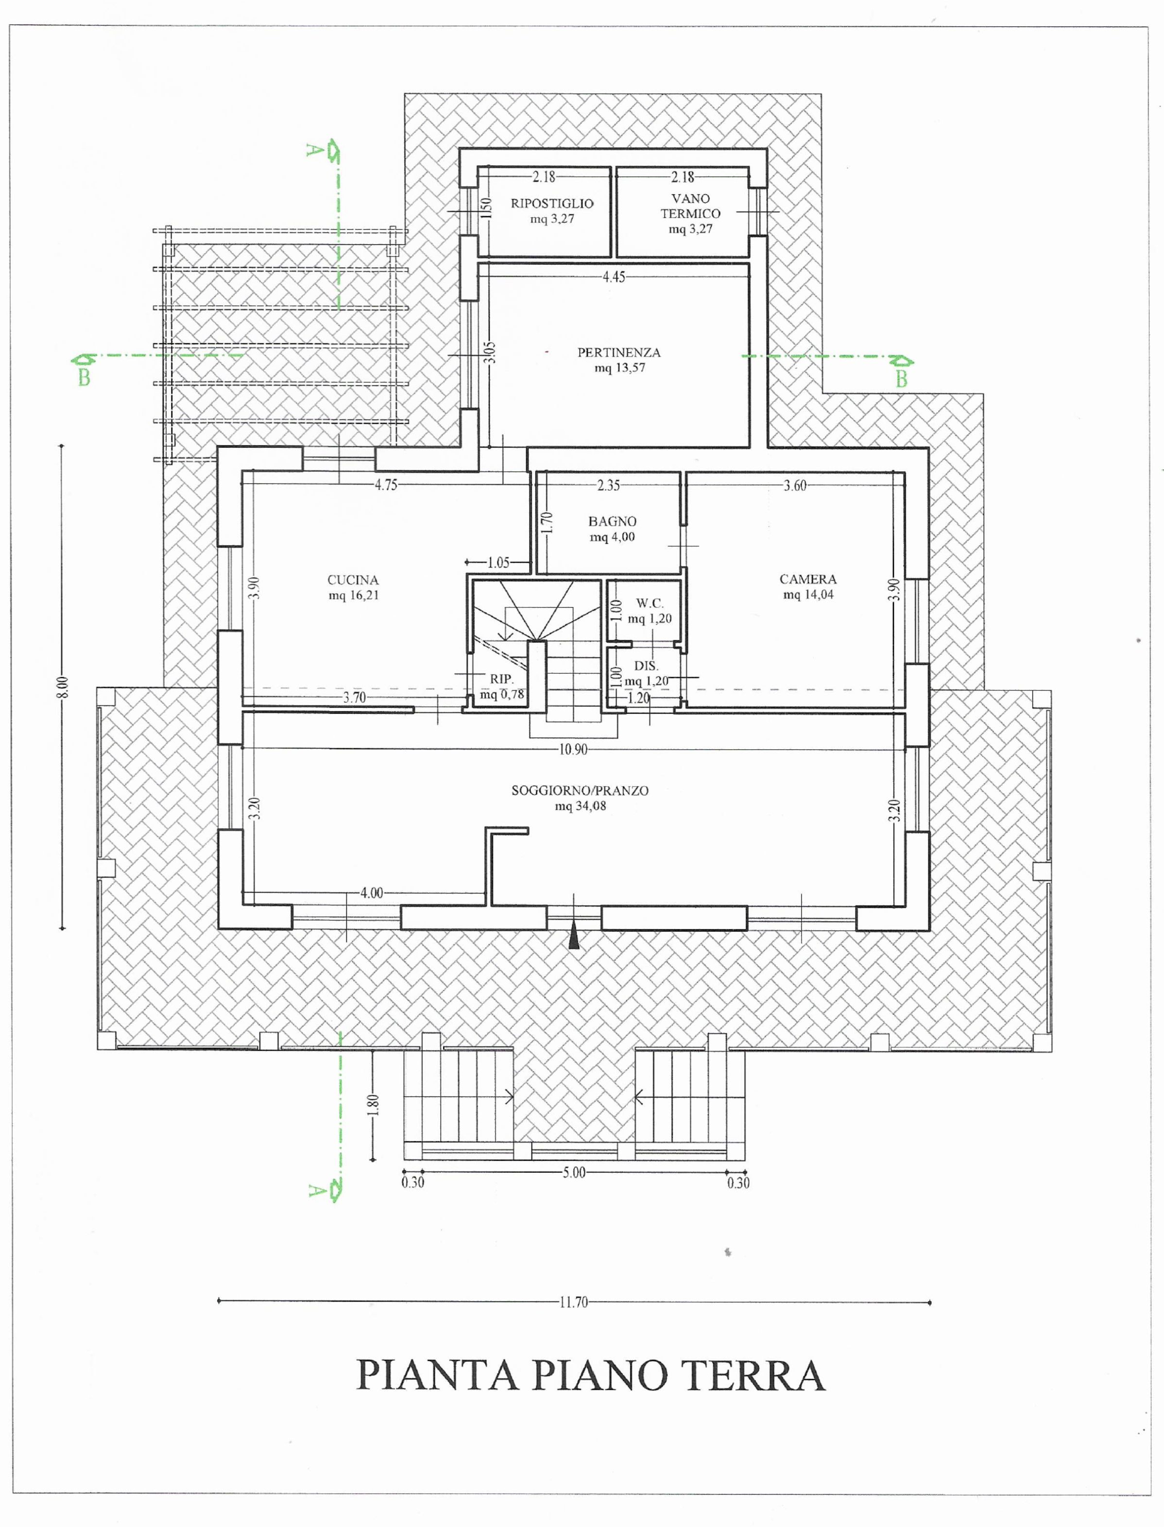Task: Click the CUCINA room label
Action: (x=353, y=580)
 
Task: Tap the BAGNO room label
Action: (x=613, y=521)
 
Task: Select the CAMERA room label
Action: (x=808, y=579)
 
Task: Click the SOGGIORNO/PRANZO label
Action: (x=580, y=790)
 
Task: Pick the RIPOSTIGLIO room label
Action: (x=552, y=203)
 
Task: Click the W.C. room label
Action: (x=650, y=603)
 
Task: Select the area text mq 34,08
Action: (x=580, y=806)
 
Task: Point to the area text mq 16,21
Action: (x=353, y=595)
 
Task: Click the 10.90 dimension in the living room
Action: (x=572, y=749)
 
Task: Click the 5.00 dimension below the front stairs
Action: (x=574, y=1173)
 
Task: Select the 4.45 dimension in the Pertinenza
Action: (x=614, y=276)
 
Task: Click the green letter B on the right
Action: (x=901, y=379)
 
